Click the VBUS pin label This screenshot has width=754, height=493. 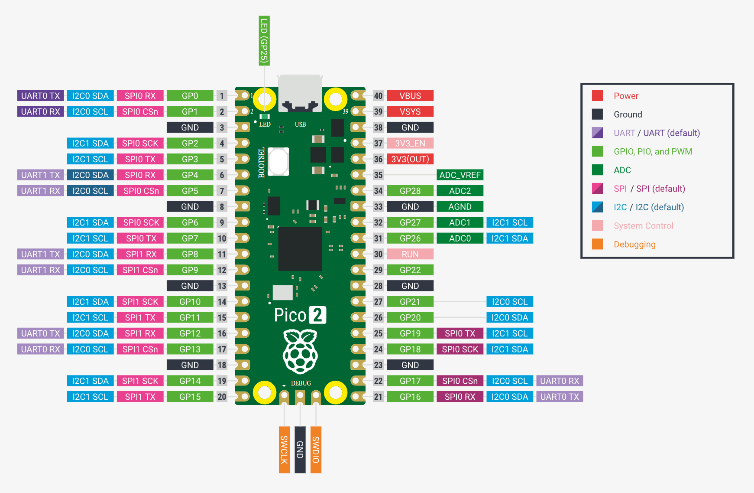point(410,96)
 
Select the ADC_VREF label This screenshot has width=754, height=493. point(460,175)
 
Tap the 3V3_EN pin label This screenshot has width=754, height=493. point(410,144)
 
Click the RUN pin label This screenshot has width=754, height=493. point(410,254)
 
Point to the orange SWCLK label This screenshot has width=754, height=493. point(284,450)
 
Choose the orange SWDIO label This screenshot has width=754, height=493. point(316,450)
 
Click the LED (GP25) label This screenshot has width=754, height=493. point(264,41)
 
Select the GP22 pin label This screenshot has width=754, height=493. point(410,270)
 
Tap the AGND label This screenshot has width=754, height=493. point(460,207)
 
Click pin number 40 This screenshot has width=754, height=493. point(378,96)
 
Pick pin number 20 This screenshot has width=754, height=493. point(222,397)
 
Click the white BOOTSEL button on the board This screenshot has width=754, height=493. point(278,161)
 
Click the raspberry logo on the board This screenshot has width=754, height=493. point(300,351)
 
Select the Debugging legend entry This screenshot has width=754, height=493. point(634,245)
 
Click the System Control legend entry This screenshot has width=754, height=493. point(643,226)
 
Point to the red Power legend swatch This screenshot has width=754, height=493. point(597,96)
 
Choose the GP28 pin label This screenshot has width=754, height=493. point(410,191)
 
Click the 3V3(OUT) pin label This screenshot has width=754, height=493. point(410,159)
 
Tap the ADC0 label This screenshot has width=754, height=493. point(460,238)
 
